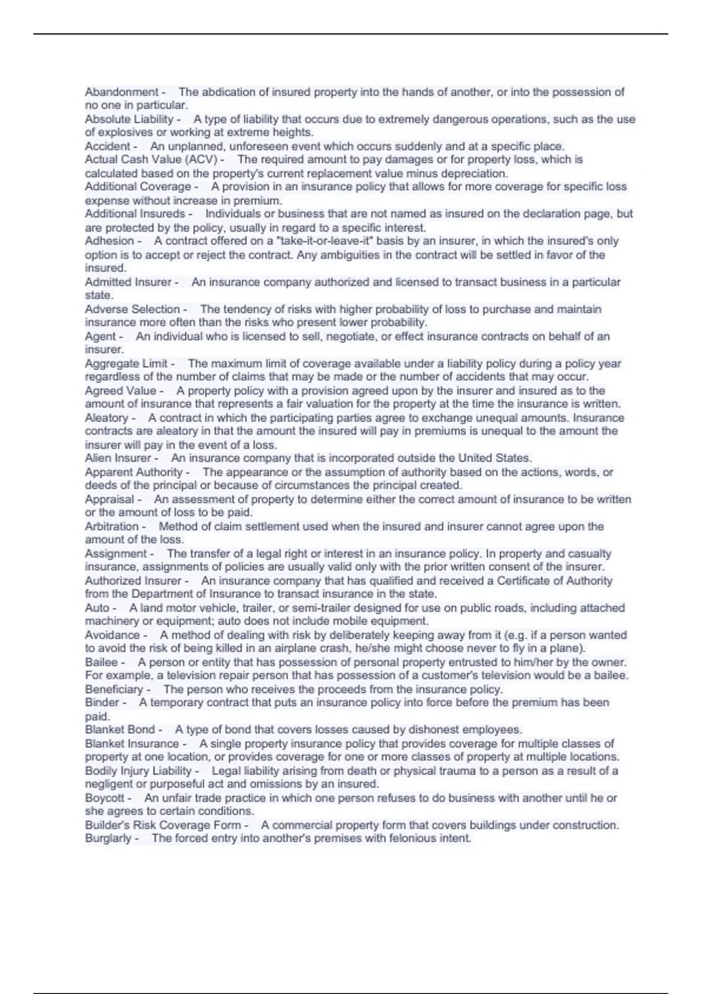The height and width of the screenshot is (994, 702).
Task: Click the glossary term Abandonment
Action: (121, 92)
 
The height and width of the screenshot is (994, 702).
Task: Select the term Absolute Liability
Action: (129, 119)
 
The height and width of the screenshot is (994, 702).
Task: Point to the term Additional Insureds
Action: (135, 214)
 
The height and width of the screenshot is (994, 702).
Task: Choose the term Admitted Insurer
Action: (128, 282)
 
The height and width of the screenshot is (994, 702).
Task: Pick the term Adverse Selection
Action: (132, 309)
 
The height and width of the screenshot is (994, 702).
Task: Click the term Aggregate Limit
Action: (126, 364)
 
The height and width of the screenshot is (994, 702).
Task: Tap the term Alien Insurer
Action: (118, 458)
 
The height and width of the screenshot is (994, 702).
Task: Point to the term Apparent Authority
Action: (133, 472)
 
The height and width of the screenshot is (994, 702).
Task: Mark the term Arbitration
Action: (111, 526)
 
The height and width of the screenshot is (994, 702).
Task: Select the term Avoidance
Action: (112, 635)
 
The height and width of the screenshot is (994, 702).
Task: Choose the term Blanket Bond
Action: (120, 730)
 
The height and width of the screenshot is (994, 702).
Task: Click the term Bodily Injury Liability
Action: (138, 771)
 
